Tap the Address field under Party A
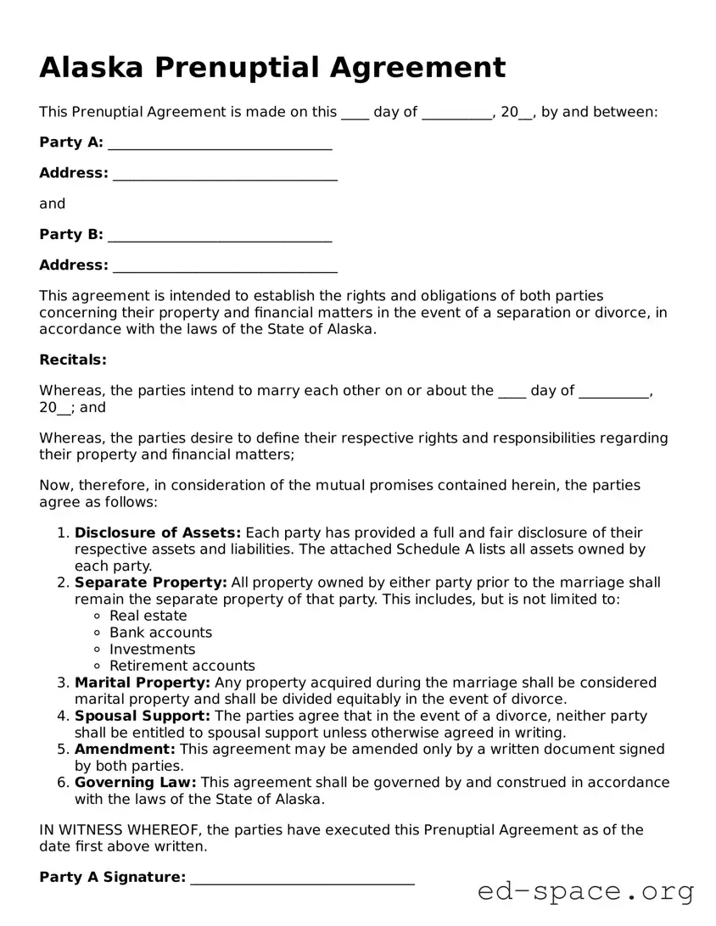(x=225, y=174)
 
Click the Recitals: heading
(x=73, y=360)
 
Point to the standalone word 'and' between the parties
(x=52, y=204)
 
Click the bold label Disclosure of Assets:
(x=158, y=533)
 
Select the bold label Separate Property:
(x=150, y=583)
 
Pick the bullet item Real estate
(x=148, y=616)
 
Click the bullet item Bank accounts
(x=160, y=633)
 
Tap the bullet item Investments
(x=152, y=650)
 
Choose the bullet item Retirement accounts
(x=182, y=666)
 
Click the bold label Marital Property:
(x=143, y=683)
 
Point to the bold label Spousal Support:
(x=143, y=716)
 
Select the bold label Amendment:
(x=125, y=749)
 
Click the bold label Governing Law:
(x=135, y=782)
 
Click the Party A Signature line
(x=302, y=878)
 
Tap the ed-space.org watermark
(x=585, y=892)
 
